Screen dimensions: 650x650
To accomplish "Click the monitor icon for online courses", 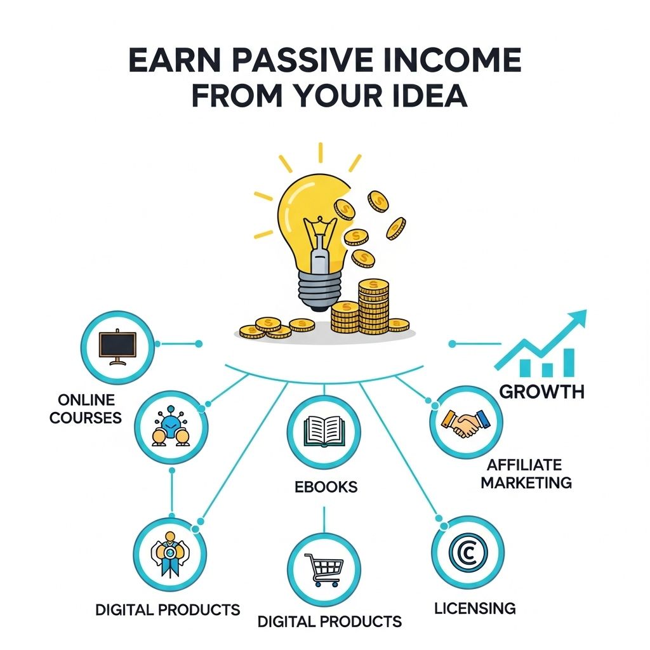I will pyautogui.click(x=118, y=347).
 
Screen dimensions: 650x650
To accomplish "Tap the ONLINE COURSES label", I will pyautogui.click(x=86, y=409).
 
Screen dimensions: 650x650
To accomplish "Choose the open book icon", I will pyautogui.click(x=324, y=432).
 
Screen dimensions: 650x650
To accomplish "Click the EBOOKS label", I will pyautogui.click(x=326, y=487).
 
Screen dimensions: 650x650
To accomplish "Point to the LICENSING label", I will pyautogui.click(x=475, y=608).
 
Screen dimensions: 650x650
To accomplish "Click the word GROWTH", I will pyautogui.click(x=541, y=391).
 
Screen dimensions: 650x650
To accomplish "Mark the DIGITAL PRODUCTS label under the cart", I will pyautogui.click(x=329, y=621).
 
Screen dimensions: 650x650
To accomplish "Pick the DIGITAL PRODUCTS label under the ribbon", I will pyautogui.click(x=168, y=610).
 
